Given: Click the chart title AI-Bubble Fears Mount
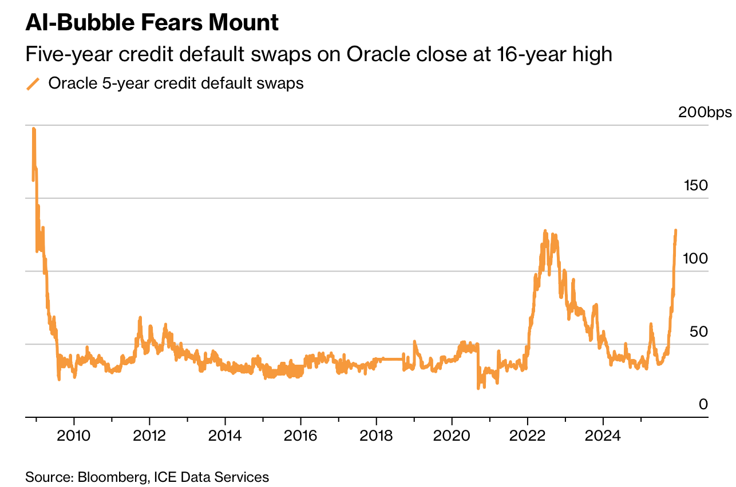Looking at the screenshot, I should (x=152, y=23).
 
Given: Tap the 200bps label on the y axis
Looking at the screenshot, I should (x=705, y=112).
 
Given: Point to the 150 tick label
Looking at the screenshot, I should (x=697, y=185).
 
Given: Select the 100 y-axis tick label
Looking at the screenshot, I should (x=697, y=258).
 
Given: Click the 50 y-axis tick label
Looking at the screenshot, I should (x=699, y=332).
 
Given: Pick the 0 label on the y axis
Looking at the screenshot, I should (x=703, y=404).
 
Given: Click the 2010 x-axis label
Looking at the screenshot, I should (x=74, y=436).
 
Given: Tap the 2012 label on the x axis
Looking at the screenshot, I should (x=149, y=436).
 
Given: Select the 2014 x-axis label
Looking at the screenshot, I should (x=225, y=436).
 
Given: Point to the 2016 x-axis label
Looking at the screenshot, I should (x=300, y=436).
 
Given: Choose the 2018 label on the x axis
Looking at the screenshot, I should (x=376, y=436).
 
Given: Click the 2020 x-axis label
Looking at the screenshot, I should (x=452, y=436).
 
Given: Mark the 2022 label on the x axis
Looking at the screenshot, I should (x=527, y=436).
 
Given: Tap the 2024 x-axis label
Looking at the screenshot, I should (x=603, y=436).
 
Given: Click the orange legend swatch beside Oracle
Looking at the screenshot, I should (x=33, y=84).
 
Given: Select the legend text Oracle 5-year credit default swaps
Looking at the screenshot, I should (x=176, y=83).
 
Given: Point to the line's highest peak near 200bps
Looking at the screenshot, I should (x=34, y=129).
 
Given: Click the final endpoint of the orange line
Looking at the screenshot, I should (x=676, y=230).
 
